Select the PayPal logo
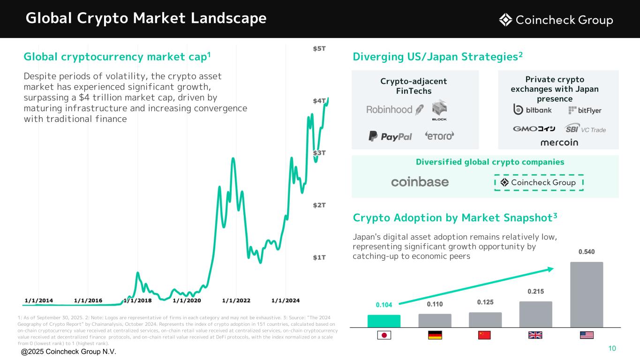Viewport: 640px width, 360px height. tap(390, 136)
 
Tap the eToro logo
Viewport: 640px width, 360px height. tap(439, 136)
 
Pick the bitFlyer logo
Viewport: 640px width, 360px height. tap(585, 111)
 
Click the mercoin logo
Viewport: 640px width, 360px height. tap(559, 142)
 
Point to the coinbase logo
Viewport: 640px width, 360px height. tap(420, 182)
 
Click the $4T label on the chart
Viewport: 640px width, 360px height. tap(321, 100)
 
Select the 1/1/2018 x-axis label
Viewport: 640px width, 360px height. tap(137, 300)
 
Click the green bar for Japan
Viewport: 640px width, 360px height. tap(384, 321)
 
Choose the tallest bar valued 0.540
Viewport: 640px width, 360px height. tap(586, 294)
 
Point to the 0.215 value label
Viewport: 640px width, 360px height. tap(536, 292)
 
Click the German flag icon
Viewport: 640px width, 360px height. tap(435, 335)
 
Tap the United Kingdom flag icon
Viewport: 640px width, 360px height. tap(536, 335)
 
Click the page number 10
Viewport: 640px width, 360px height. tap(612, 348)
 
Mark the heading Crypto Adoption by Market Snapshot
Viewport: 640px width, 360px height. tap(454, 218)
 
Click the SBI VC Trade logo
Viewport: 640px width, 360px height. tap(585, 129)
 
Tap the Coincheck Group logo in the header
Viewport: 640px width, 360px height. tap(556, 20)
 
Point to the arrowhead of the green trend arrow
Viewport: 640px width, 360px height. tap(550, 269)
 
